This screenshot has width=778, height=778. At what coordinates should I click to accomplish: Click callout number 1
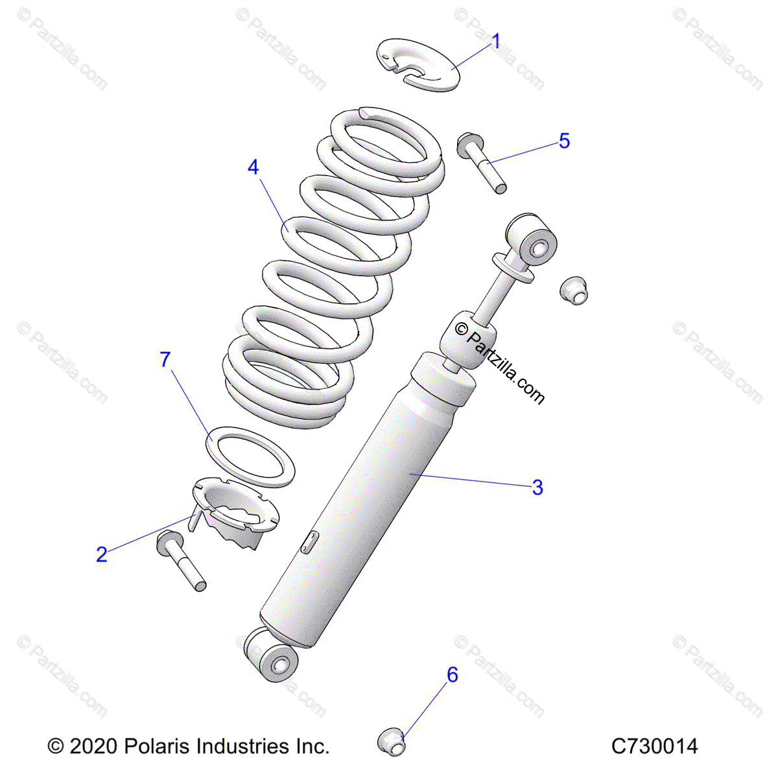[496, 42]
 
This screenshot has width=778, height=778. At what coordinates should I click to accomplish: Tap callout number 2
[102, 554]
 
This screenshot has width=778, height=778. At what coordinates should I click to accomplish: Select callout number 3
[537, 487]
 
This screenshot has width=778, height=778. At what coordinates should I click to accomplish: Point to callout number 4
[253, 167]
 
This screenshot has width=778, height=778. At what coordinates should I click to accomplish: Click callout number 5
[564, 141]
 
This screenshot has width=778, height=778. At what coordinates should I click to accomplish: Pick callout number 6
[452, 675]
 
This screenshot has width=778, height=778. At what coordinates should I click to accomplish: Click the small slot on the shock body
[309, 542]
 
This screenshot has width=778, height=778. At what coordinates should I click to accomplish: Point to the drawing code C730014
[654, 746]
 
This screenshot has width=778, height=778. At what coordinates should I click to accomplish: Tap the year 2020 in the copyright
[93, 746]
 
